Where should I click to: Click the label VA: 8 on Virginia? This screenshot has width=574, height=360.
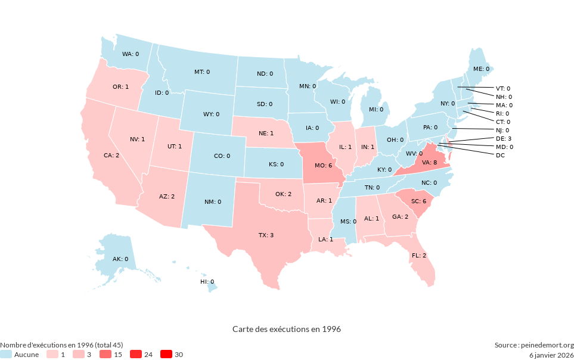click(x=430, y=162)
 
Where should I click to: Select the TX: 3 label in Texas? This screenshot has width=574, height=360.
click(x=266, y=235)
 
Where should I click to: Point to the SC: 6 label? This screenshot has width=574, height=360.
click(x=418, y=201)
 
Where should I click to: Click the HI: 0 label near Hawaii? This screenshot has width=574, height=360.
click(x=207, y=281)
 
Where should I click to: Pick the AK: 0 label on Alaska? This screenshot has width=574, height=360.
click(x=120, y=259)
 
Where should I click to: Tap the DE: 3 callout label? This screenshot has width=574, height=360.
click(x=504, y=138)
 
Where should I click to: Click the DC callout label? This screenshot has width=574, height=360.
click(x=500, y=156)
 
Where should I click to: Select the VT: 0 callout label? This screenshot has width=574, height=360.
click(x=504, y=88)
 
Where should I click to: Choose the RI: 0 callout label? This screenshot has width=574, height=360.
click(x=502, y=113)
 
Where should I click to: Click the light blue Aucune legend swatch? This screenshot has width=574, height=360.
click(x=6, y=355)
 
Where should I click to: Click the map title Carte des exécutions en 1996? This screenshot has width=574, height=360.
click(x=287, y=329)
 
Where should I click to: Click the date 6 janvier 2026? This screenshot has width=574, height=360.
click(x=551, y=355)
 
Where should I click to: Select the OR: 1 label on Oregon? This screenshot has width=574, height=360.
click(x=120, y=87)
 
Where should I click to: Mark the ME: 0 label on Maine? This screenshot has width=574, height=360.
click(x=481, y=69)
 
